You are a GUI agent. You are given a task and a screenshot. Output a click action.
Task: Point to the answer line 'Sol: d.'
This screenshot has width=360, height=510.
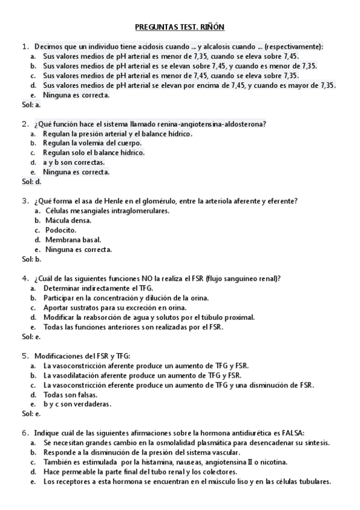(x=31, y=182)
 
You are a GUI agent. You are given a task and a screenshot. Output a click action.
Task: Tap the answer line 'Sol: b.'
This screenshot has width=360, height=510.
(x=31, y=259)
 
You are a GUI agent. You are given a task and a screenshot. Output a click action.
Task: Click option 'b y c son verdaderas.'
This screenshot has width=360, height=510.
(x=78, y=404)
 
